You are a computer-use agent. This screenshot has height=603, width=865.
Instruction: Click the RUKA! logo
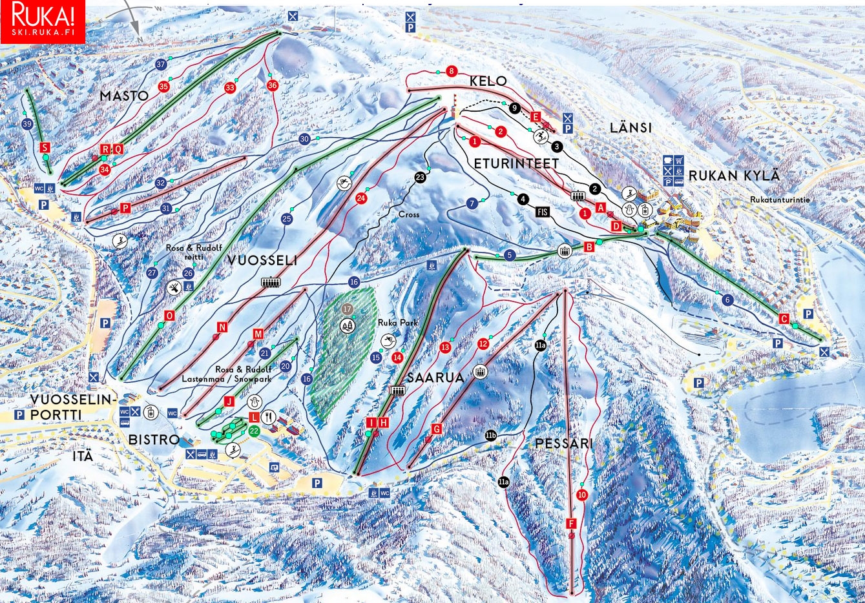[x=43, y=21]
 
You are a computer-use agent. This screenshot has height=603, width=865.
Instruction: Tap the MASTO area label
[x=124, y=96]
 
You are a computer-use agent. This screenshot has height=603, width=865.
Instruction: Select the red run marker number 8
[x=452, y=71]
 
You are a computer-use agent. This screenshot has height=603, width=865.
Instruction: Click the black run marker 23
[x=421, y=177]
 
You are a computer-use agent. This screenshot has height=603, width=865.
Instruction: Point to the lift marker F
[x=570, y=524]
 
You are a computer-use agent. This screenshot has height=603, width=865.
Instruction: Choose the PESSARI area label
[x=564, y=444]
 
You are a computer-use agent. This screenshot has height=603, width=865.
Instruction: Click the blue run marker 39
[x=26, y=124]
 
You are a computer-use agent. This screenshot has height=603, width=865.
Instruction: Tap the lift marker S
[x=45, y=148]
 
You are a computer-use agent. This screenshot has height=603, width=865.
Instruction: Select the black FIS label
[x=541, y=211]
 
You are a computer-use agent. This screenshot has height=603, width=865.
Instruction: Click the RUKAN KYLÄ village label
[x=734, y=176]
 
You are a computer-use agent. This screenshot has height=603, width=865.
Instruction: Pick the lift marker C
[x=784, y=319]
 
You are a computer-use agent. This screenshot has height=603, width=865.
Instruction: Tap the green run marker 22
[x=254, y=431]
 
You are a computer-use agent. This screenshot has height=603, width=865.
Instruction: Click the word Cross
[x=408, y=214]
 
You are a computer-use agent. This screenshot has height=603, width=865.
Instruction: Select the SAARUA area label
[x=435, y=378]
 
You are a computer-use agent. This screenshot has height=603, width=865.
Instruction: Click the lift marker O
[x=170, y=316]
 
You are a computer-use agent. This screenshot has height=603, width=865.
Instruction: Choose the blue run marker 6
[x=727, y=300]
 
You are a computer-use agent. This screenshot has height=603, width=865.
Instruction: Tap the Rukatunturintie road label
[x=780, y=200]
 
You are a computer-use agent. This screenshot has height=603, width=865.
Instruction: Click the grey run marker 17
[x=348, y=309]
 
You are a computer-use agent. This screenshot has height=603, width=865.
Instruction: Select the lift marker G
[x=437, y=429]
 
